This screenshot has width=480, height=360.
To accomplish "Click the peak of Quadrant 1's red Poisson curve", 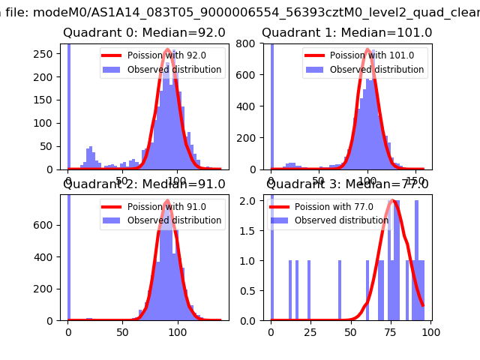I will click(x=367, y=50).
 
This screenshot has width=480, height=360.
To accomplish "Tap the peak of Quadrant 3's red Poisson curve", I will click(x=393, y=202).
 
